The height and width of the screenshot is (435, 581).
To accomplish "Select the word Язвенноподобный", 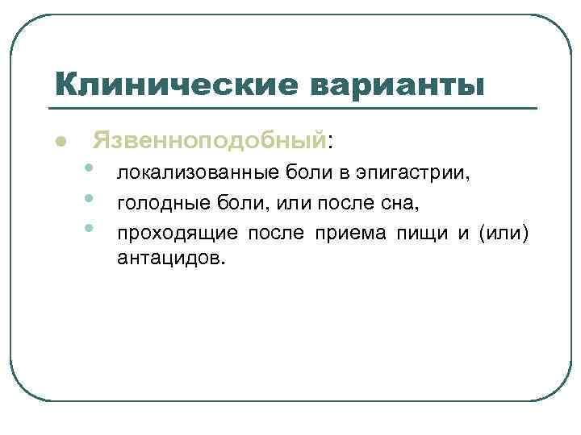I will pos(209,142).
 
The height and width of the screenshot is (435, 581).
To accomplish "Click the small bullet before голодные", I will pos(88,198).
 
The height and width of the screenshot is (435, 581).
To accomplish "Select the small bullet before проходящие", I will pos(88,229).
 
